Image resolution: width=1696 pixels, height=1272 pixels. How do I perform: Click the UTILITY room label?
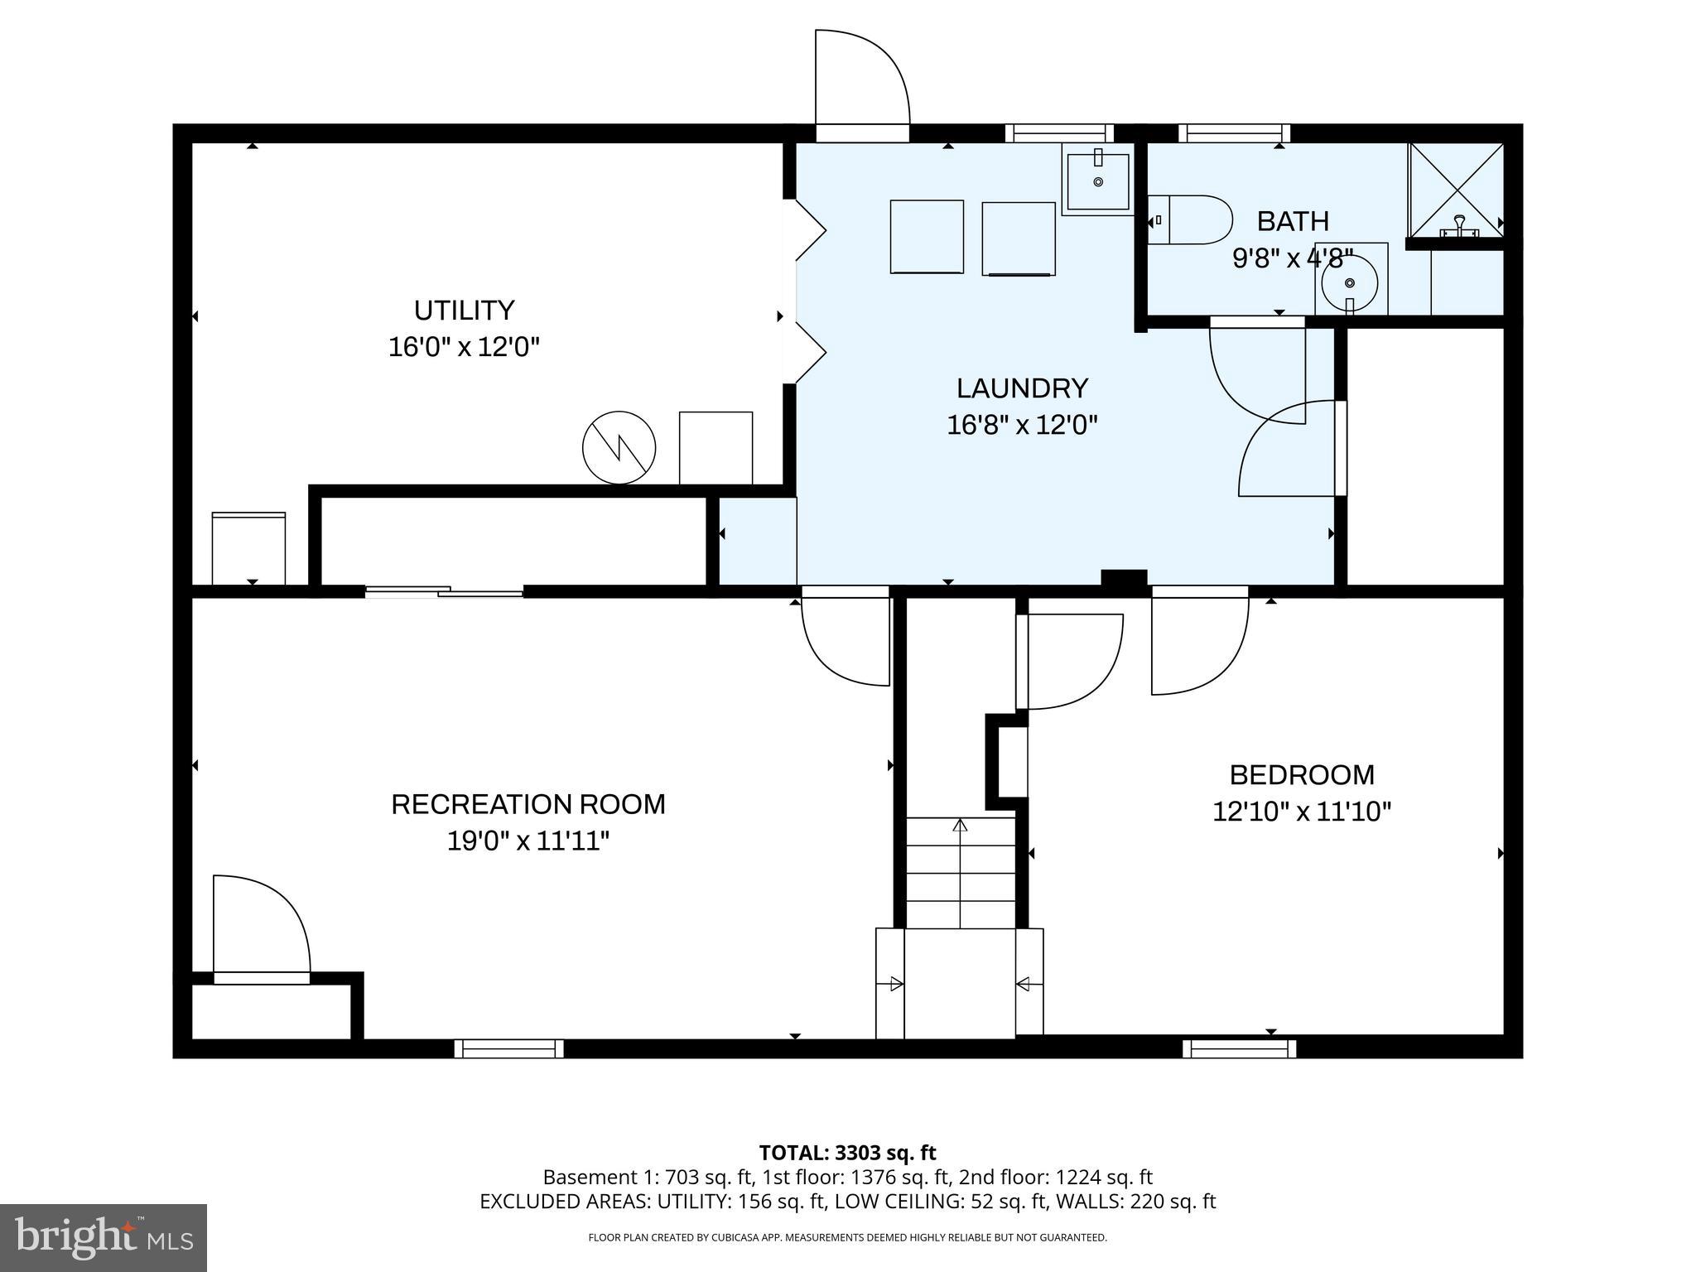coord(464,311)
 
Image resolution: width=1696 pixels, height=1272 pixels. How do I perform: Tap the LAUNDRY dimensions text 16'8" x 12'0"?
coord(1022,426)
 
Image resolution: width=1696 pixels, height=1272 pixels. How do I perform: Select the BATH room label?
coord(1292,221)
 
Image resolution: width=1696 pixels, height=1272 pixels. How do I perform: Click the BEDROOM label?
coord(1301,775)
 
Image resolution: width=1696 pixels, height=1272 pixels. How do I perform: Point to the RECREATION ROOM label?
coord(528,804)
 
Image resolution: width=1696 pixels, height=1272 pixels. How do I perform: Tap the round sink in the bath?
coord(1349,282)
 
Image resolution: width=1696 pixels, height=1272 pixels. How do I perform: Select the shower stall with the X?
coord(1456,190)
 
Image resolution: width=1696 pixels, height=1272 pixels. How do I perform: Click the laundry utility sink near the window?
coord(1097,180)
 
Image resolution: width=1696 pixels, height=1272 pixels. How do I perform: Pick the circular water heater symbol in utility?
coord(619,447)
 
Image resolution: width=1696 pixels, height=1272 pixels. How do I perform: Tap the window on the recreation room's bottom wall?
coord(508,1048)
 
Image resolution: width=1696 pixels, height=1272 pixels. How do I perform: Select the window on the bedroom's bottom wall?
coord(1239,1048)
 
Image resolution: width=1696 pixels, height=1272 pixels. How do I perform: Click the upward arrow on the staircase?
coord(960,828)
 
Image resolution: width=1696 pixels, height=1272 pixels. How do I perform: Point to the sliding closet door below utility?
coord(444,591)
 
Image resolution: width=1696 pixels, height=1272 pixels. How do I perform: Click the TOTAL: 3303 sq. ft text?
coord(847,1153)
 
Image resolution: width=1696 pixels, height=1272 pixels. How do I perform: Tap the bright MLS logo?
coord(103,1237)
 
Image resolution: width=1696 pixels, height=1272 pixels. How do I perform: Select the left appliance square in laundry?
coord(927,236)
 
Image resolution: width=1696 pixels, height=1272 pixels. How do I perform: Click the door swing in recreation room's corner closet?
coord(261,923)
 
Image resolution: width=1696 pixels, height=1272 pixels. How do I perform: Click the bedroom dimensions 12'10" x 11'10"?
coord(1301,812)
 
